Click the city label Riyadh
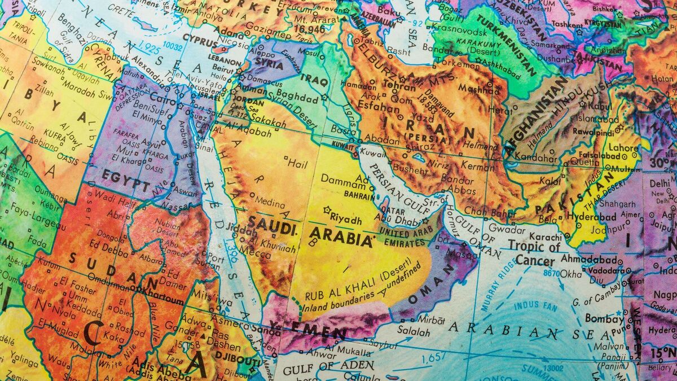345,218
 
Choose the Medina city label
270,200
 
